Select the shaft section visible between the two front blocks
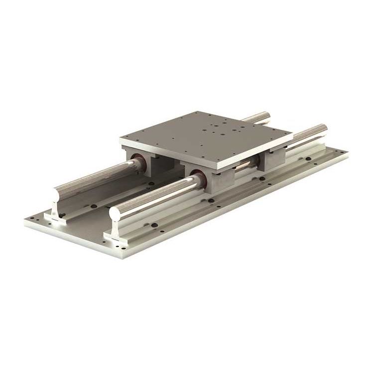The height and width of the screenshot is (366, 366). (x=244, y=166)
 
